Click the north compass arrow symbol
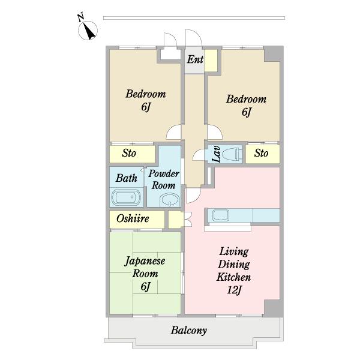(x=89, y=31)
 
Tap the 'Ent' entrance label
(x=195, y=59)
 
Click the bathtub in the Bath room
(x=126, y=197)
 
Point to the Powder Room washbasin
(x=170, y=200)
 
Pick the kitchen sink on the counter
(x=221, y=215)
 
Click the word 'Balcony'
(x=189, y=331)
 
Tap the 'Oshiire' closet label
(x=133, y=218)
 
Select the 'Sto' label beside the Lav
(x=261, y=153)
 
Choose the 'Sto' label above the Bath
(x=129, y=153)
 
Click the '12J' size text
(x=234, y=290)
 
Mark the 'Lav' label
(x=216, y=154)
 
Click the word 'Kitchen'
(x=233, y=277)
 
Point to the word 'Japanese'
(x=145, y=262)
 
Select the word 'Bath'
(x=126, y=178)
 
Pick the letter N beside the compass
(x=80, y=17)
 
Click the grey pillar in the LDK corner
(x=273, y=308)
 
